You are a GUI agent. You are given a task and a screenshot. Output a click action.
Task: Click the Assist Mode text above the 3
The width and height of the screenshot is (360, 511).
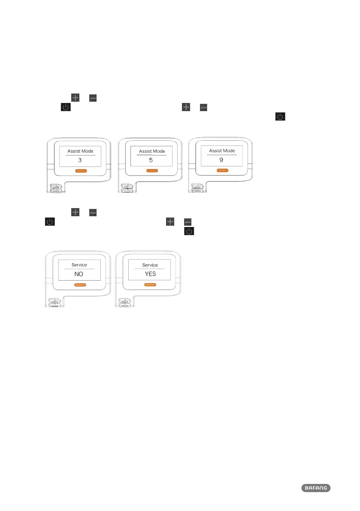point(79,151)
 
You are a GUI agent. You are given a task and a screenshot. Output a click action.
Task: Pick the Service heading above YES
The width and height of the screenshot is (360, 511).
point(150,265)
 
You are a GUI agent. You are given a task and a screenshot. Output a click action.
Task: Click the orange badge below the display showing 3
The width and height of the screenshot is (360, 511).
point(80,170)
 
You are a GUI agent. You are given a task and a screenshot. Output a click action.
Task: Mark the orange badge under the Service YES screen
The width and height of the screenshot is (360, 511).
point(150,284)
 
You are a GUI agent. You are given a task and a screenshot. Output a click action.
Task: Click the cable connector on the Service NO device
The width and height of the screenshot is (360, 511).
point(55,303)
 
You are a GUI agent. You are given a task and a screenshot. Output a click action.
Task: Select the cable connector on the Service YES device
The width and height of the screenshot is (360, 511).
point(126,303)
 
